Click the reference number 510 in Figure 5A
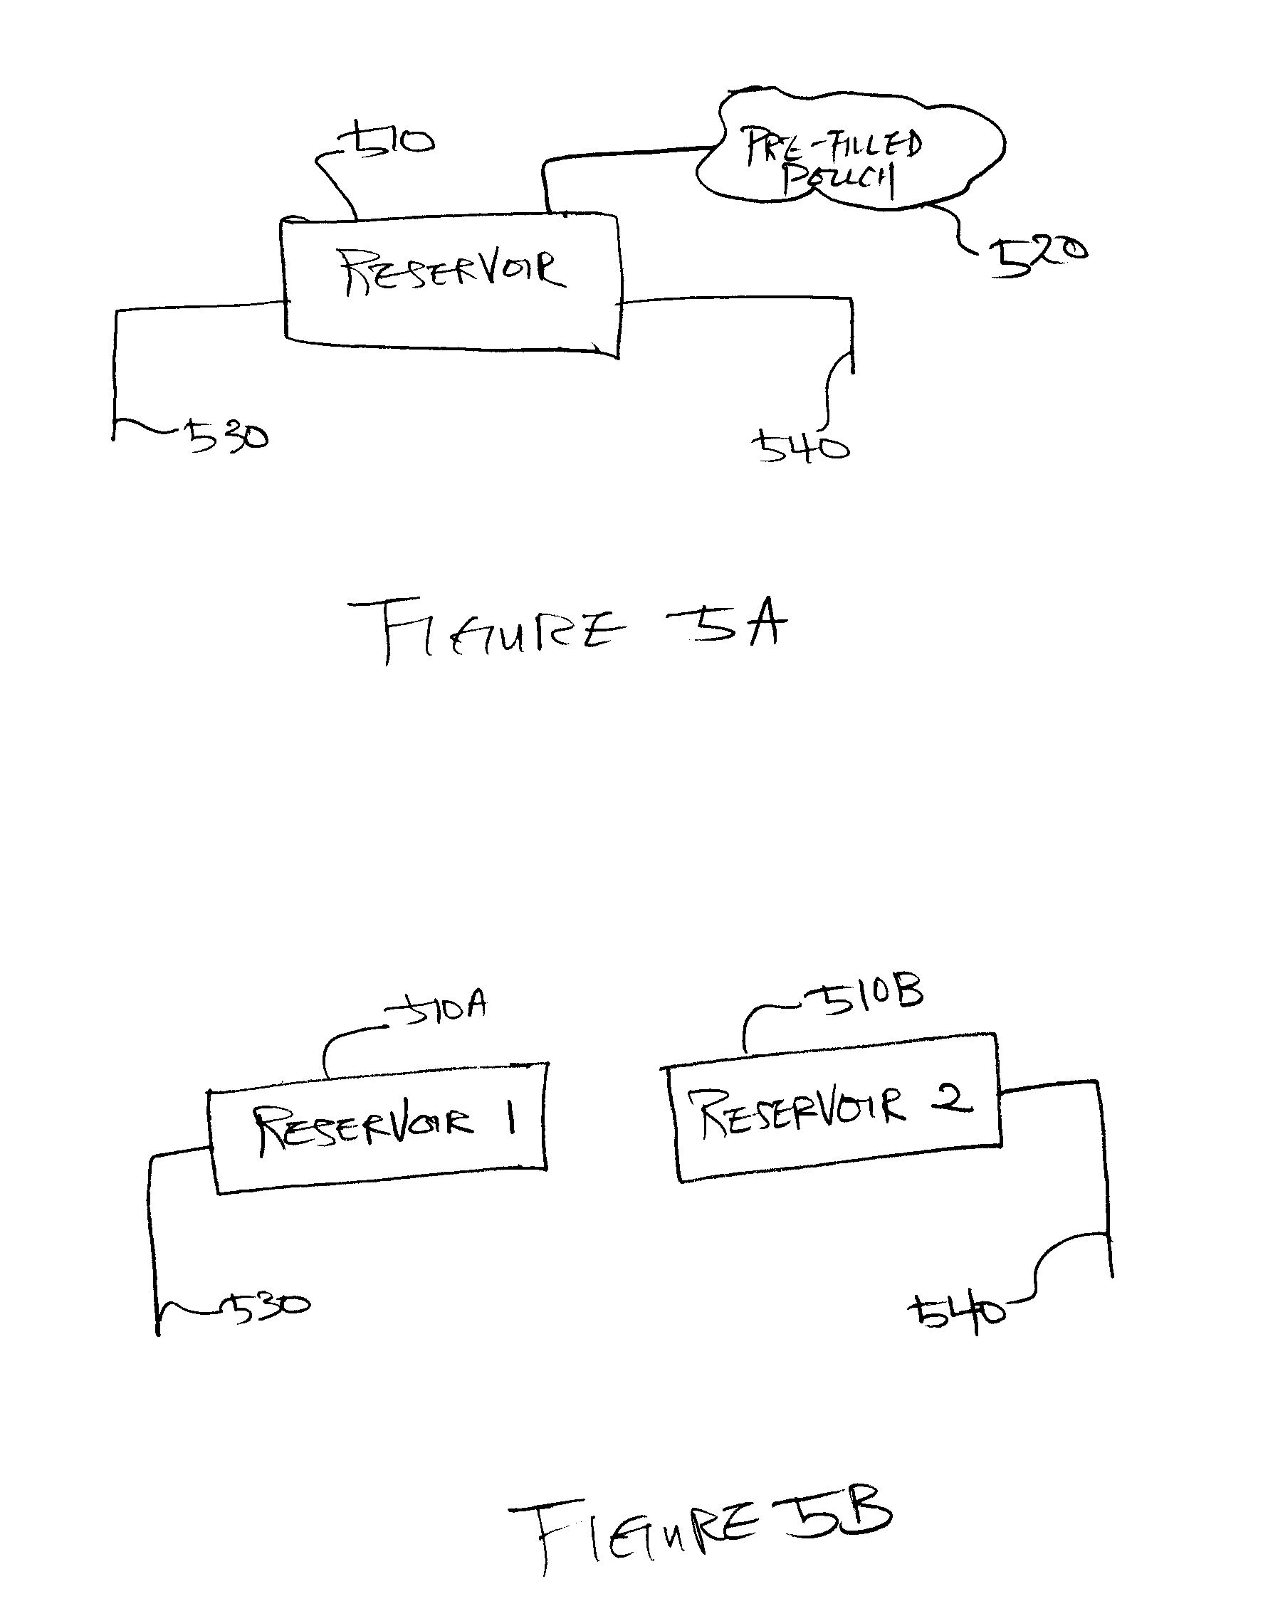pos(386,140)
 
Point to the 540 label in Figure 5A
pos(800,448)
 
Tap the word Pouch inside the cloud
pos(838,182)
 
